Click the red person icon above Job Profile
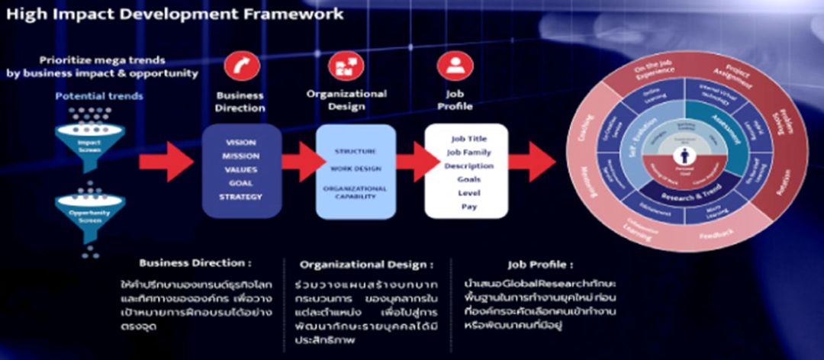(x=455, y=66)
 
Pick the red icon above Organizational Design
(x=346, y=66)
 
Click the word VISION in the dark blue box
(x=242, y=143)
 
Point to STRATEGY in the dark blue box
(x=242, y=196)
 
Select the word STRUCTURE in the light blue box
(x=355, y=152)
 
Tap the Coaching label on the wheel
(x=585, y=134)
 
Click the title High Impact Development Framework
(x=176, y=14)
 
